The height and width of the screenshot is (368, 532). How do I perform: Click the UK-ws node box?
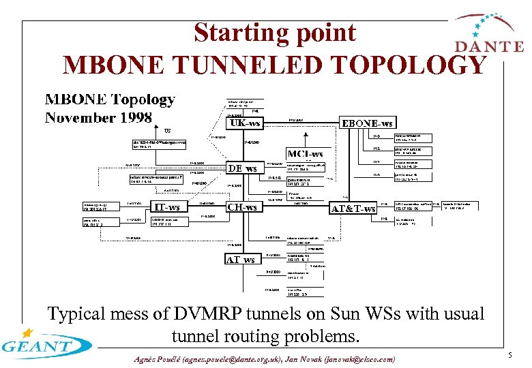pos(246,124)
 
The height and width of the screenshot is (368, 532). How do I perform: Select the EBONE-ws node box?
pos(367,123)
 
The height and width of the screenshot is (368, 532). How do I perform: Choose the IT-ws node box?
pos(166,206)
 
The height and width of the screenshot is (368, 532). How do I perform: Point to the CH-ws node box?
pos(243,206)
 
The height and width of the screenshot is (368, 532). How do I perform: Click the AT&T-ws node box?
pos(353,208)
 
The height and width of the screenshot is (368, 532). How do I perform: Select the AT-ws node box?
pos(241,259)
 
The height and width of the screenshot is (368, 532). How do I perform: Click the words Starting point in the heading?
pos(274,33)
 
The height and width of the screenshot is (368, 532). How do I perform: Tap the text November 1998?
pos(98,118)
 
